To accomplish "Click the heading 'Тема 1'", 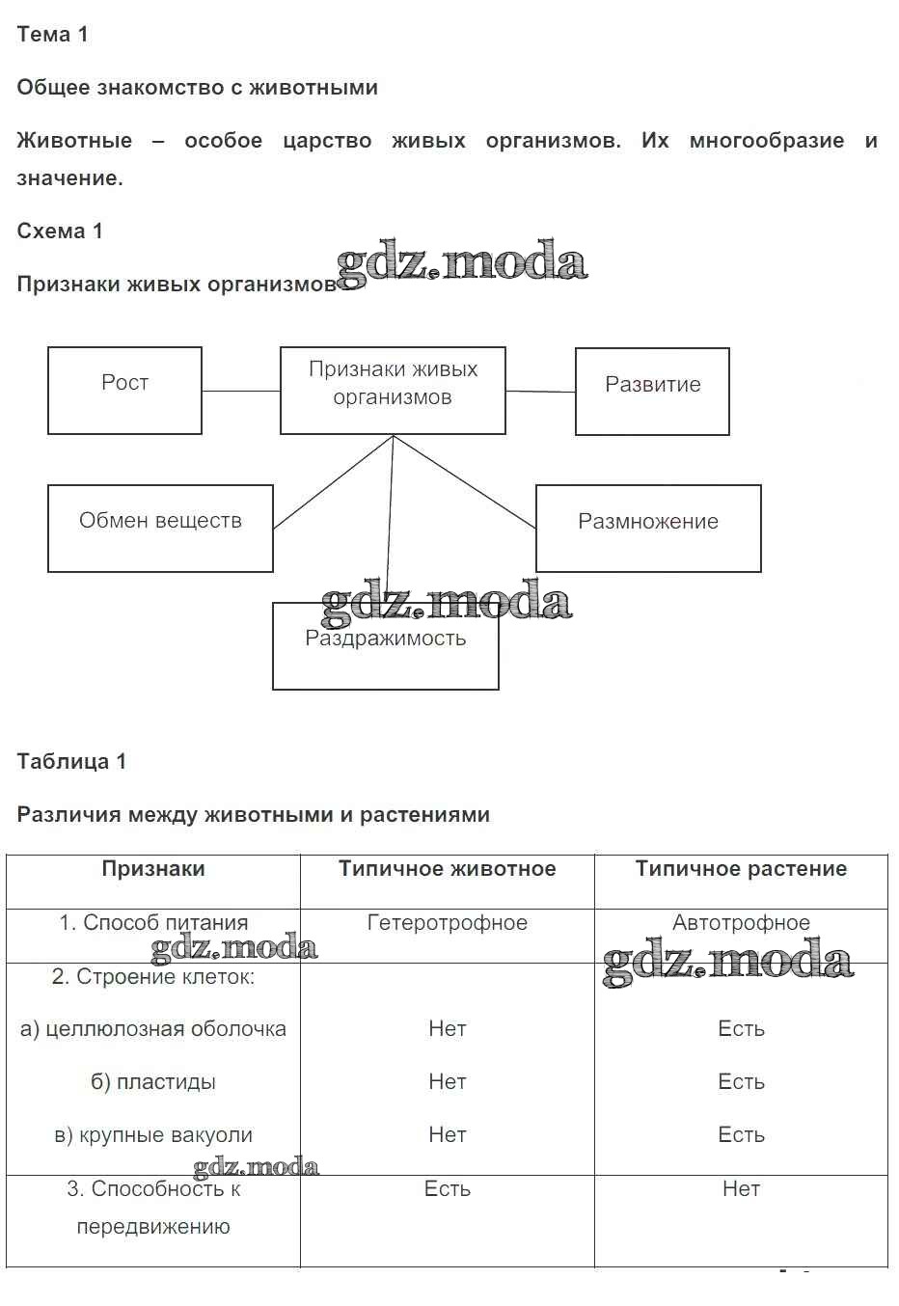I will click(52, 35).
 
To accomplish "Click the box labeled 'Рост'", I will click(124, 390).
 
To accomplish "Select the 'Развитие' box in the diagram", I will click(652, 392).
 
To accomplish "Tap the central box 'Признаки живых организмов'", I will click(393, 390).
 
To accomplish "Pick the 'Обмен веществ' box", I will click(160, 528).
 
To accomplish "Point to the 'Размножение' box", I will click(648, 528).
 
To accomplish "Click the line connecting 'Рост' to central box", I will click(241, 391).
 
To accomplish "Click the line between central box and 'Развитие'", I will click(540, 392).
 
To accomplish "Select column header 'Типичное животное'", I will click(448, 869).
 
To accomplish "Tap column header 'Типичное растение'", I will click(741, 869).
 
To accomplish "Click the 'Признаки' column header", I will click(153, 869).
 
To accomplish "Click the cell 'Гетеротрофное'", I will click(448, 923).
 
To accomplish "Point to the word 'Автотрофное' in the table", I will click(741, 923).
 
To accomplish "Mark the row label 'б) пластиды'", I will click(153, 1082).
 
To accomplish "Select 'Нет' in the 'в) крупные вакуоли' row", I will click(448, 1135).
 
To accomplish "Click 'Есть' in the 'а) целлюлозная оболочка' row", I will click(741, 1029).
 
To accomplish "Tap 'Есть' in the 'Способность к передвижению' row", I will click(448, 1189).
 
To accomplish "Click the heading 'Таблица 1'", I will click(71, 762).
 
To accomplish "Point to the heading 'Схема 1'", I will click(60, 231).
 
